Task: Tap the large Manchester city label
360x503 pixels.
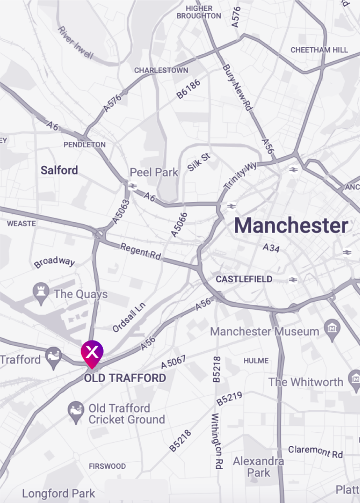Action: point(291,226)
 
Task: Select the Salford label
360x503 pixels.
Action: point(59,170)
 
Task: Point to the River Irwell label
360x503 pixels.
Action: point(75,43)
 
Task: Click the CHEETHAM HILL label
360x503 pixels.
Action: point(319,50)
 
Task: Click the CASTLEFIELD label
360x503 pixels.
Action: point(244,279)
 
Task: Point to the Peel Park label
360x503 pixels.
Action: point(154,172)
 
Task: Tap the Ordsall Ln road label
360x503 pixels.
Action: point(129,317)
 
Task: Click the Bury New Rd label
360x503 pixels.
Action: point(237,87)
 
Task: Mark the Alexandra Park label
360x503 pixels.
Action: point(258,466)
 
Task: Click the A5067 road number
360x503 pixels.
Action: point(173,362)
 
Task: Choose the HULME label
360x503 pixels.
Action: point(256,361)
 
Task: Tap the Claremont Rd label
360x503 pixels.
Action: point(315,451)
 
